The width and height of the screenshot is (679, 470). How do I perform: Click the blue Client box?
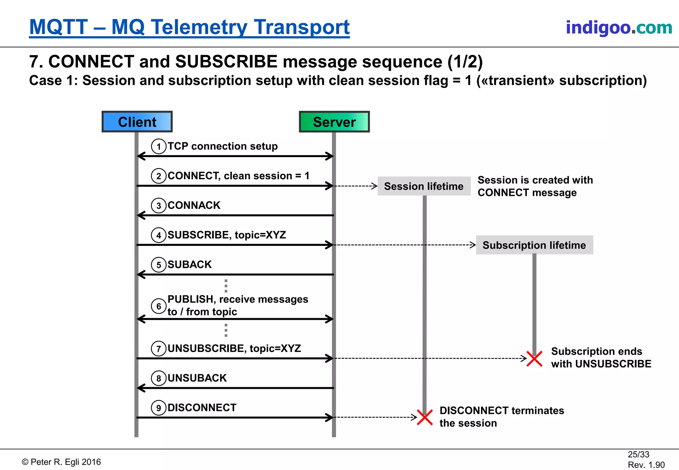click(x=137, y=122)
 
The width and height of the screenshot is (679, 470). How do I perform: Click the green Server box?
click(x=334, y=122)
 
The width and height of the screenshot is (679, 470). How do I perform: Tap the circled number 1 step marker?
click(x=158, y=147)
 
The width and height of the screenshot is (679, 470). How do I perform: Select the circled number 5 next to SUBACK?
click(x=158, y=265)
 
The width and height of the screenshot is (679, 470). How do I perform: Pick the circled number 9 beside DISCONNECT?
click(x=158, y=408)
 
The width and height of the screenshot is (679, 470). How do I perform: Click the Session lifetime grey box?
click(x=424, y=186)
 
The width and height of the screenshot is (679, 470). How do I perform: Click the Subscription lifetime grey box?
click(x=534, y=245)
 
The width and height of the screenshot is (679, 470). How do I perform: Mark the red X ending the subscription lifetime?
click(x=534, y=359)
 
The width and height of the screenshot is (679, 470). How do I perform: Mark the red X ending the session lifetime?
click(x=425, y=417)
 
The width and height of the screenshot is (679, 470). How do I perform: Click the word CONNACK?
click(x=194, y=206)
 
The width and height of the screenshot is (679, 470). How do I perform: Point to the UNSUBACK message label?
click(x=197, y=378)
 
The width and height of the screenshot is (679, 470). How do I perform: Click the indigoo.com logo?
click(x=619, y=28)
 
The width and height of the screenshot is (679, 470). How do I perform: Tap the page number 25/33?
click(x=638, y=454)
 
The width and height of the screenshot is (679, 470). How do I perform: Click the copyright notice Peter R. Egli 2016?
click(x=61, y=462)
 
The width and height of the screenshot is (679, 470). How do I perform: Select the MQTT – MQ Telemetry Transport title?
click(x=189, y=27)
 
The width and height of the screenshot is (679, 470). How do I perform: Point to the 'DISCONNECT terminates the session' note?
click(x=501, y=417)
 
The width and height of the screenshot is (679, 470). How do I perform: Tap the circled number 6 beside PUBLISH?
click(x=158, y=306)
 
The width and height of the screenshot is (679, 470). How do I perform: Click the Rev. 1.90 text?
click(x=646, y=465)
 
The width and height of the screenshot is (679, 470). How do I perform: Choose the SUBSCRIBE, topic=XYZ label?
click(x=226, y=235)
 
